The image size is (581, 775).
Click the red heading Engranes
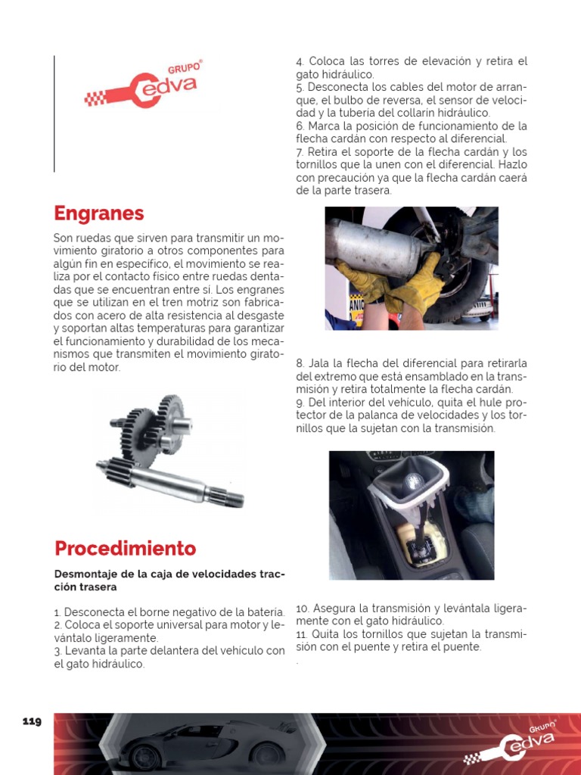coord(99,213)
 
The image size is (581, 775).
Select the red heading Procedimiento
coord(125,549)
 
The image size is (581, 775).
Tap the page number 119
coord(32,721)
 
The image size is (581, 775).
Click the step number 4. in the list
coord(300,61)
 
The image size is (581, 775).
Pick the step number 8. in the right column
coord(300,363)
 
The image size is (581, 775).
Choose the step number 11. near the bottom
coord(301,634)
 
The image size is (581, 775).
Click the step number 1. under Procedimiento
coord(57,612)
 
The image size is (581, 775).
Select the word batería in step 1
coord(266,612)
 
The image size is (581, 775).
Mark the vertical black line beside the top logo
coord(54,114)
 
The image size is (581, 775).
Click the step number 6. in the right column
coord(300,126)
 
